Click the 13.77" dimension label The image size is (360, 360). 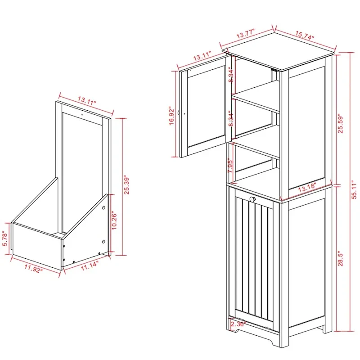tap(246, 34)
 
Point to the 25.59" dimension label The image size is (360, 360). tap(341, 122)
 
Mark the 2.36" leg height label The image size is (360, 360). tap(237, 324)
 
